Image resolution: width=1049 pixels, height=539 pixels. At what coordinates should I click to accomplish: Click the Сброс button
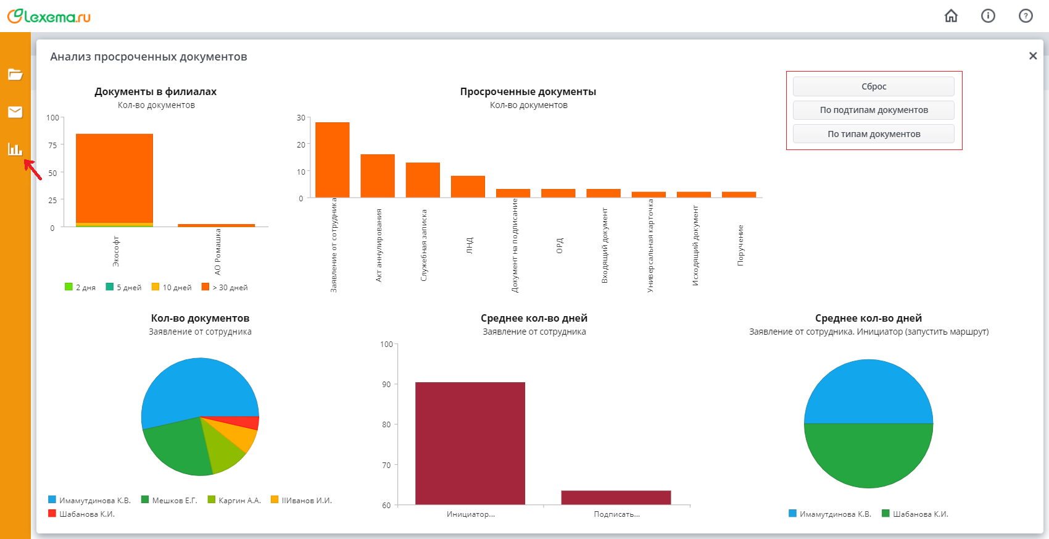[873, 86]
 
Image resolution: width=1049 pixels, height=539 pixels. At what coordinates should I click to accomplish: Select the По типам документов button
[873, 134]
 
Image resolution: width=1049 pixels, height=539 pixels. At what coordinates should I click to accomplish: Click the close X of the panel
[1032, 56]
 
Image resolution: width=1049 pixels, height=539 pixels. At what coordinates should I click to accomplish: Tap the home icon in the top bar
[951, 16]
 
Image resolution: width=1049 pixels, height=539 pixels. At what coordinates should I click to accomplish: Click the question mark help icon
[1025, 16]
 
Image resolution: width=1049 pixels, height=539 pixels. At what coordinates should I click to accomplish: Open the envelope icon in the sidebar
[15, 112]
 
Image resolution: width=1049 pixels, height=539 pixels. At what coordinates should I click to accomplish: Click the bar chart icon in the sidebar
[15, 149]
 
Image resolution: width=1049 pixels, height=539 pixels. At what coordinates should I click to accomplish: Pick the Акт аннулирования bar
[378, 175]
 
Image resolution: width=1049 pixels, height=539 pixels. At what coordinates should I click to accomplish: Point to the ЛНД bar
[468, 186]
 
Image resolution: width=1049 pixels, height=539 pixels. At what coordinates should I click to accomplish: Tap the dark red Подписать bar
[616, 498]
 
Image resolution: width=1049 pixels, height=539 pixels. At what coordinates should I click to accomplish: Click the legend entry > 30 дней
[225, 287]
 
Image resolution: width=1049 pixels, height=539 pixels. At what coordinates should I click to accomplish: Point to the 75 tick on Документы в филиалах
[52, 145]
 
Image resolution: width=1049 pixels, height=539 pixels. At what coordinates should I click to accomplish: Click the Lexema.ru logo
[49, 16]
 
